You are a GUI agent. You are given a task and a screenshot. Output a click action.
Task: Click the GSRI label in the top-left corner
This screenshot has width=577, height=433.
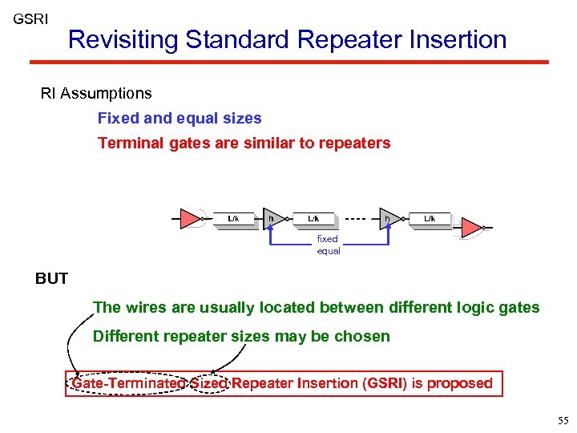tap(30, 18)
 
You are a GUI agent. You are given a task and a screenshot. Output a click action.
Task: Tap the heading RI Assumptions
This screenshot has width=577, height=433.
tap(96, 94)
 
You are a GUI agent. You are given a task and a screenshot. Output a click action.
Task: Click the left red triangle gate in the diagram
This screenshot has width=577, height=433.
tap(190, 218)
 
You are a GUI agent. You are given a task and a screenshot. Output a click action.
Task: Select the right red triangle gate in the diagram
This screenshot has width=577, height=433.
tap(471, 228)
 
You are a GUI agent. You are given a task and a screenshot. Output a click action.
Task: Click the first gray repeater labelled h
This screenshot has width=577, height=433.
tap(273, 218)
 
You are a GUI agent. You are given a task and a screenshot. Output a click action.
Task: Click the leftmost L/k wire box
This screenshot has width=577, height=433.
tap(234, 219)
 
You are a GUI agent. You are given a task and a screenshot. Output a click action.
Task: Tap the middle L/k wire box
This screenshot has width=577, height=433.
tap(314, 219)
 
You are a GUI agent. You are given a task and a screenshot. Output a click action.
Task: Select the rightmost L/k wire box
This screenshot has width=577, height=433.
tap(430, 219)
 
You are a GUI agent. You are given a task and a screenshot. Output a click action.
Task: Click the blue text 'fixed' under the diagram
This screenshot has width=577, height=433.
tap(328, 239)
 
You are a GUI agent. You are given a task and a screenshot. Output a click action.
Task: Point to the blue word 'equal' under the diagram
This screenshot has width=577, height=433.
tap(329, 251)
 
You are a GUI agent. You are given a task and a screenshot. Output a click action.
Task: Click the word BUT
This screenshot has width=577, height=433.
tap(52, 279)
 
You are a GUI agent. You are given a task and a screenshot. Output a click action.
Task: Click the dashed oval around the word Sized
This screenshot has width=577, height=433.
tap(209, 383)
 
